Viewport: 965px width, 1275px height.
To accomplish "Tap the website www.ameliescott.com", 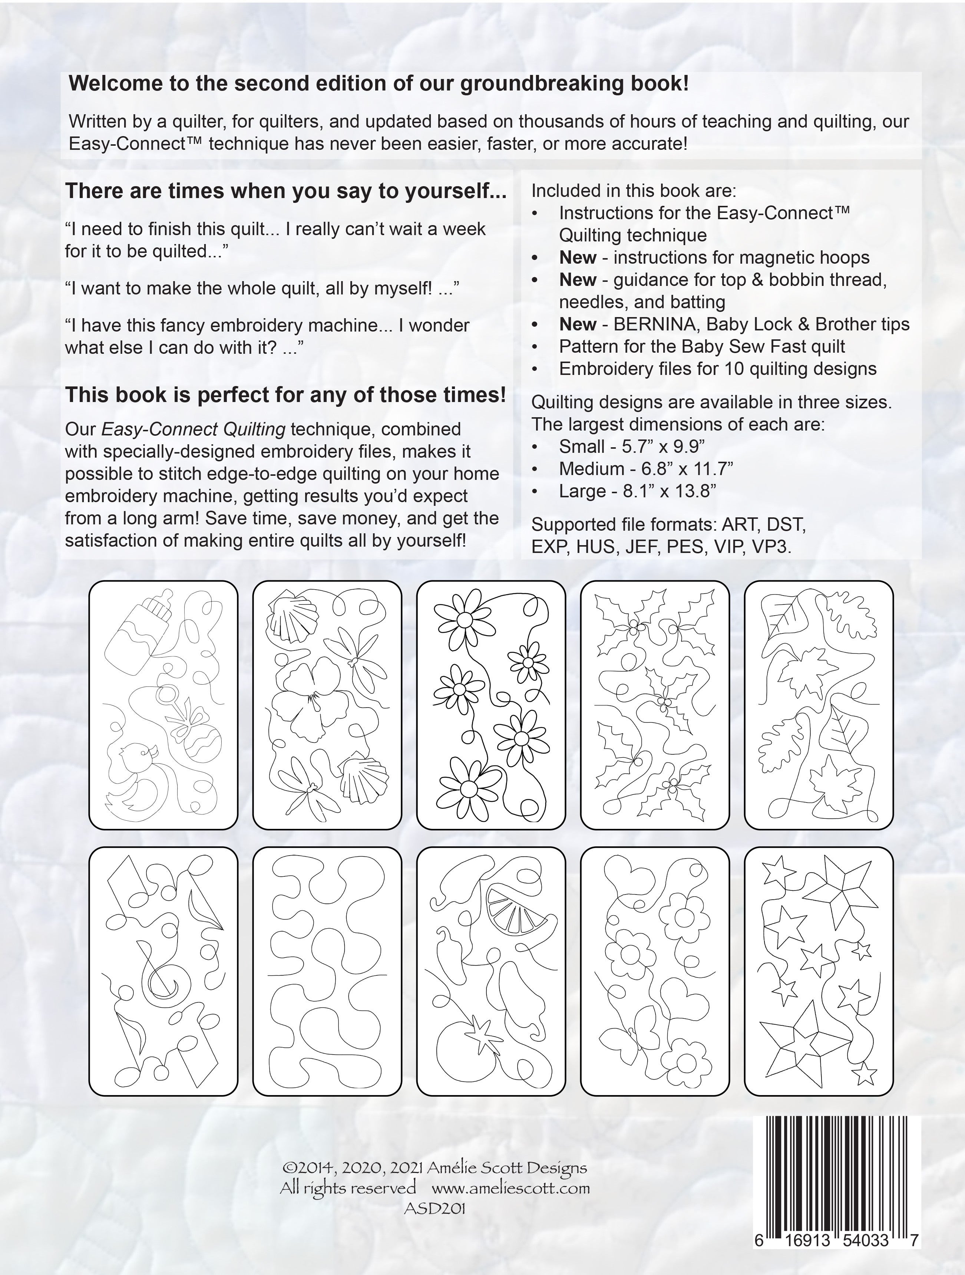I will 510,1187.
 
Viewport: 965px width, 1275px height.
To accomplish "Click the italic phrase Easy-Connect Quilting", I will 193,429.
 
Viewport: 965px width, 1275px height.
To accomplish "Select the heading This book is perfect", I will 285,395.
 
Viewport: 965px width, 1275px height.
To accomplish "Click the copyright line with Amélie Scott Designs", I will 434,1168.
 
